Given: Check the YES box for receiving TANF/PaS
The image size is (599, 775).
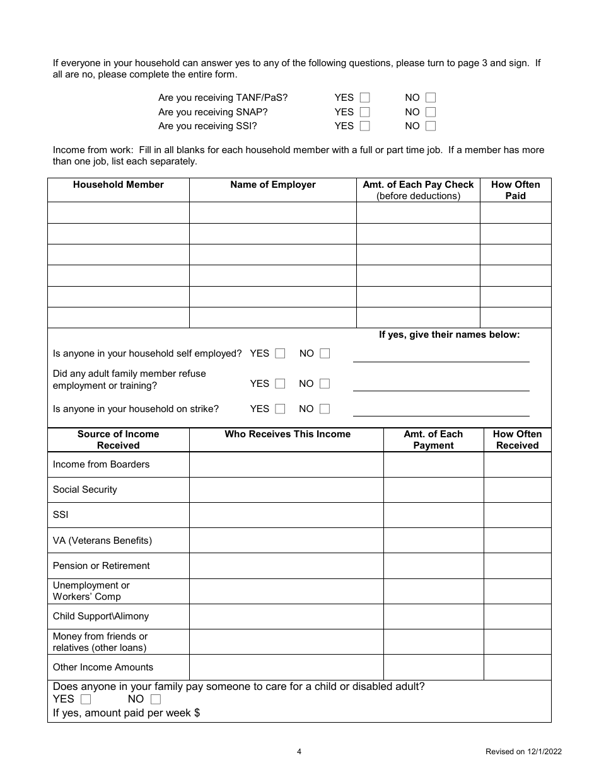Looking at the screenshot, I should pos(364,98).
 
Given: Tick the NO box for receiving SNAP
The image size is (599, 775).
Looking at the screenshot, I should pos(431,112).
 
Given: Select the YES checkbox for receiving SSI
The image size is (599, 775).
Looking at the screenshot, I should pos(364,126).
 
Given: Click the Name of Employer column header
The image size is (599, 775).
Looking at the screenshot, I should pos(272,185).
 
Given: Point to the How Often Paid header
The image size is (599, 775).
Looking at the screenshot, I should pos(515,190).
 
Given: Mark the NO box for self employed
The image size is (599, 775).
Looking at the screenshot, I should pos(325,353).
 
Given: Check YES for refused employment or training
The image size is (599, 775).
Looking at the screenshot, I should pos(280,384).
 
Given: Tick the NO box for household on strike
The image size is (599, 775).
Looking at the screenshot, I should pos(325,409).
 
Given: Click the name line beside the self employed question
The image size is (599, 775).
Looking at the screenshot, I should pos(441,357).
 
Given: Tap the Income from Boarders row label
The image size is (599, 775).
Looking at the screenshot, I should pos(101,464).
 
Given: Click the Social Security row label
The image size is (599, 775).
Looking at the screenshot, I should pos(85,490).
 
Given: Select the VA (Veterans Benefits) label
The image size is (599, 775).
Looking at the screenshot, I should pos(102,541).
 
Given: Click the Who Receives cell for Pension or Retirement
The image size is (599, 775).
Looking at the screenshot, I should pos(286,566).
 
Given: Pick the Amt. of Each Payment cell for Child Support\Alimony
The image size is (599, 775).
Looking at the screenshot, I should pos(433,616).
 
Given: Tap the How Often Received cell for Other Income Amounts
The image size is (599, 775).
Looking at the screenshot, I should pos(517,667).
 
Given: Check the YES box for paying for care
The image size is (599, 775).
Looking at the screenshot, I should pos(86,699).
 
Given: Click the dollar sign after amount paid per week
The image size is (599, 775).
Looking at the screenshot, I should pos(197,713).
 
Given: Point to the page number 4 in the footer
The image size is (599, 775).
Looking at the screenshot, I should pos(299,751).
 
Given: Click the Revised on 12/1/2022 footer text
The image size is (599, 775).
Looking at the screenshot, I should pos(523,751).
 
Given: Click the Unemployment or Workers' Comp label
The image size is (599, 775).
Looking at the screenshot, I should pos(91,591).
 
